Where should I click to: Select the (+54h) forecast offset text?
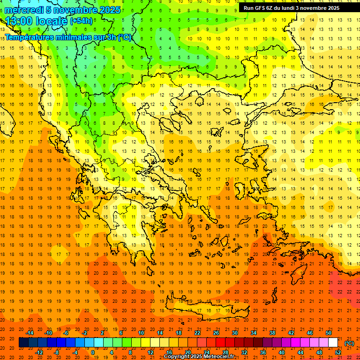coord(81,21)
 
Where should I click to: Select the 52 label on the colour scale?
coord(338,352)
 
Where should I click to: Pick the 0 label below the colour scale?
coord(93,352)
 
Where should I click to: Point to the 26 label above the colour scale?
coord(216,333)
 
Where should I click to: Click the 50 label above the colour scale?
coord(329,333)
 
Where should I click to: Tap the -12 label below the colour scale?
coord(39,352)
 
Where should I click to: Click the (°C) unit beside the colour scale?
coord(349,343)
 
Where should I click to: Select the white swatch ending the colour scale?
coord(333,343)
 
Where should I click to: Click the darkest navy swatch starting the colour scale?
coord(23,343)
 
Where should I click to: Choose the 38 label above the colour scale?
coord(272,333)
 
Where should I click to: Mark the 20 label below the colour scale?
coord(188,352)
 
